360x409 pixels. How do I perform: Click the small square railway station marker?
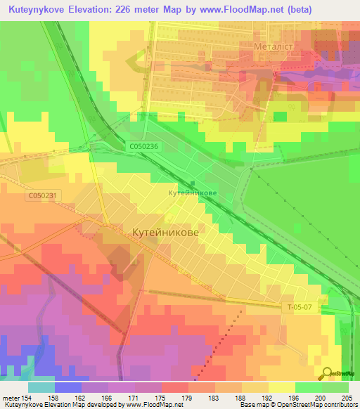point(193,183)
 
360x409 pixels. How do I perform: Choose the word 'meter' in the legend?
point(10,397)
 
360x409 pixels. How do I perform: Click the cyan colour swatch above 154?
point(41,387)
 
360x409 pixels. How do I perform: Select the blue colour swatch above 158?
point(68,387)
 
